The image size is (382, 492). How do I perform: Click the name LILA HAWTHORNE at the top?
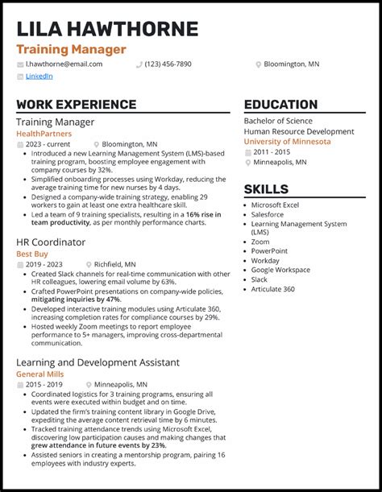[107, 29]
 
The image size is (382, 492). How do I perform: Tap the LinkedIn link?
[39, 76]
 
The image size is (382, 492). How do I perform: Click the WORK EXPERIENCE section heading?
[76, 105]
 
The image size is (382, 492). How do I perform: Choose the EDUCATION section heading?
[280, 105]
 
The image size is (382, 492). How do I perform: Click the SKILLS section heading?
[266, 189]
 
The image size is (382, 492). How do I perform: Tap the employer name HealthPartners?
[44, 134]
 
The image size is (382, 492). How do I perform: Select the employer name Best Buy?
[32, 254]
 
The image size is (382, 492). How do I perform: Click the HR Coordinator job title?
[51, 242]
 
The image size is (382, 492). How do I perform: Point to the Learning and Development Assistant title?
[98, 362]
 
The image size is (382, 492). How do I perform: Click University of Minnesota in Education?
[287, 141]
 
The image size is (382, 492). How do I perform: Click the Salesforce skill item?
[268, 215]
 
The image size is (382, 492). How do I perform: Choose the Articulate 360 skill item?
[273, 289]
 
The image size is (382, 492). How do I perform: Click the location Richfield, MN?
[114, 264]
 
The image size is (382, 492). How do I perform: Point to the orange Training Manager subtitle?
[71, 49]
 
